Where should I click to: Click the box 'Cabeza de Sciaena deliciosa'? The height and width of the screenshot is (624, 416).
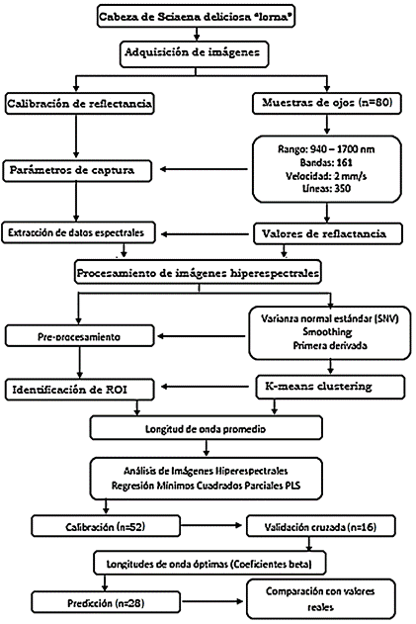tap(196, 16)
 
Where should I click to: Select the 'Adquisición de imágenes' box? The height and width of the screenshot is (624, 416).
tap(194, 53)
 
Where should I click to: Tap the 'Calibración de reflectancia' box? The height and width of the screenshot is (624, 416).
tap(79, 104)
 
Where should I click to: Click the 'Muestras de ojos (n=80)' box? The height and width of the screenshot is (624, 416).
tap(327, 103)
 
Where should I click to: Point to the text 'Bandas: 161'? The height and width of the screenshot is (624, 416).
tap(326, 162)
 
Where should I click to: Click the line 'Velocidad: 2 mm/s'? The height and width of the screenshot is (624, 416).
tap(326, 175)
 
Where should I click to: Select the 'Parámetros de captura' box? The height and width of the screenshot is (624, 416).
tap(77, 171)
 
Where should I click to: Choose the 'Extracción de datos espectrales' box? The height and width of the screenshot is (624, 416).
tap(79, 232)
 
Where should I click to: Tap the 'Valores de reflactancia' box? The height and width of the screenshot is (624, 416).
tap(328, 233)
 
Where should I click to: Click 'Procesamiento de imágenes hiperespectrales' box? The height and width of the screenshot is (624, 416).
tap(198, 273)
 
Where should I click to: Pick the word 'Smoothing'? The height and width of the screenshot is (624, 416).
tap(327, 332)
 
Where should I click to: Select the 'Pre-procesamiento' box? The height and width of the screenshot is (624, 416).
tap(79, 336)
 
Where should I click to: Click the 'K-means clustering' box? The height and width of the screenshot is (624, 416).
tap(330, 387)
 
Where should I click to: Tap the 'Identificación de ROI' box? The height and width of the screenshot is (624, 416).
tap(79, 390)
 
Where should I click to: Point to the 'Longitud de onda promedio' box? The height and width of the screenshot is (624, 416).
tap(206, 428)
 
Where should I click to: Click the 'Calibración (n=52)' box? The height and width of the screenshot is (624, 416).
tap(106, 526)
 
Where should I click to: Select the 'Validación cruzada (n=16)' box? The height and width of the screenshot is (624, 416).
tap(320, 526)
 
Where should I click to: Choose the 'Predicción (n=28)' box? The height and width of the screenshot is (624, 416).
tap(106, 603)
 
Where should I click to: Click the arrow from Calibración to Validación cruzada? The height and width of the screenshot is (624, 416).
tap(211, 525)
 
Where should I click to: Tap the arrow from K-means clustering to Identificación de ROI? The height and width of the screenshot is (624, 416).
tap(205, 387)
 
